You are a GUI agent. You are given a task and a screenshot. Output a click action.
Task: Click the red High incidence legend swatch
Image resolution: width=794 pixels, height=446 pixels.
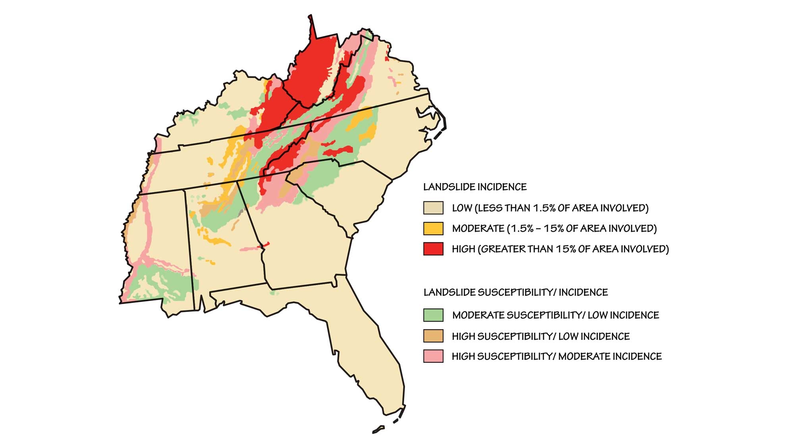tap(433, 249)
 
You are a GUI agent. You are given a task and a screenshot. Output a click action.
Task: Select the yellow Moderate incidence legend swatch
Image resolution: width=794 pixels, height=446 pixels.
tap(433, 228)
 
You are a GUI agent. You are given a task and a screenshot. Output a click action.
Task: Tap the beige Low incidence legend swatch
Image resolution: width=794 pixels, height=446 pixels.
tap(433, 208)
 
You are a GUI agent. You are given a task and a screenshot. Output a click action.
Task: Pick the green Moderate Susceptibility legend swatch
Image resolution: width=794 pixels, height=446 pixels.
tap(433, 315)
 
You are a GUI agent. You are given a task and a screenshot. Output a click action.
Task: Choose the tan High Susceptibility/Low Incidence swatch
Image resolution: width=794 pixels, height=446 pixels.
tap(433, 336)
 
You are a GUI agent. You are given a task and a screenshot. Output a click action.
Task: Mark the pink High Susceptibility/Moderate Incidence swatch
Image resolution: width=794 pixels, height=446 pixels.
tap(433, 356)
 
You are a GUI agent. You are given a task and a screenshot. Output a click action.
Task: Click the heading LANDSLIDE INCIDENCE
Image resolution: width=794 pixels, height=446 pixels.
tap(475, 187)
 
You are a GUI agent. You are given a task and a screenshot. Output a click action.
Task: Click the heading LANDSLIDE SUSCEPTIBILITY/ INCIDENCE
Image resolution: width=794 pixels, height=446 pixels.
tap(516, 293)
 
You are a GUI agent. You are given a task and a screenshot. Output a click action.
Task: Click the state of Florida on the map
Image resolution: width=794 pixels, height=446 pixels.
tap(369, 345)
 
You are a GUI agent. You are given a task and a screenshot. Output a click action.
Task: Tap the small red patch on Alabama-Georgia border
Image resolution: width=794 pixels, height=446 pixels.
tap(264, 245)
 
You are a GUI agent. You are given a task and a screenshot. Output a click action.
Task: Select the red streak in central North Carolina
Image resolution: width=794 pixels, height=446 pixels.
tap(337, 151)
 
